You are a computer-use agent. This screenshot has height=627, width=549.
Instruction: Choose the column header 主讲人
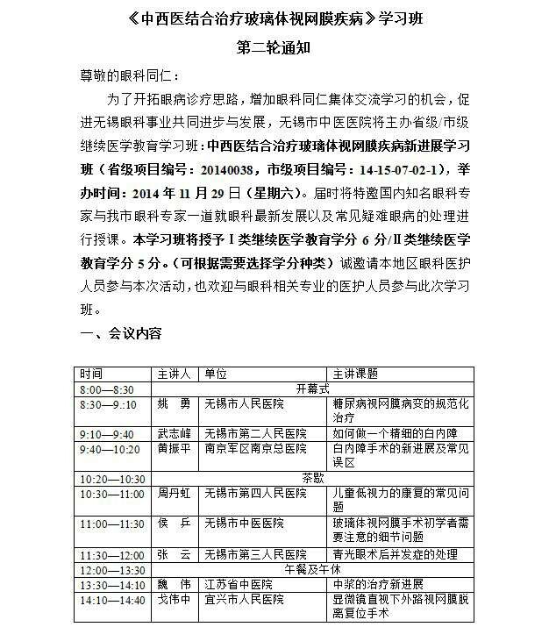point(174,374)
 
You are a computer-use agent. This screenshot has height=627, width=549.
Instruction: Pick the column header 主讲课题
point(355,374)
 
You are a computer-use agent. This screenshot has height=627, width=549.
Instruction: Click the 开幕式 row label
point(311,388)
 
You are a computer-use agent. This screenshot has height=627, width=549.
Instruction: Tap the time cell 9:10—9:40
point(107,434)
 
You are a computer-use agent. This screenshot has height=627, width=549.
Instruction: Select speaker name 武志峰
point(174,434)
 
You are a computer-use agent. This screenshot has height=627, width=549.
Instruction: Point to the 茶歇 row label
point(311,479)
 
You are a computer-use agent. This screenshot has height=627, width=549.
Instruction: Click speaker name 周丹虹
point(174,494)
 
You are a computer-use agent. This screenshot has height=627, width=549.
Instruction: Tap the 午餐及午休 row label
point(311,569)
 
